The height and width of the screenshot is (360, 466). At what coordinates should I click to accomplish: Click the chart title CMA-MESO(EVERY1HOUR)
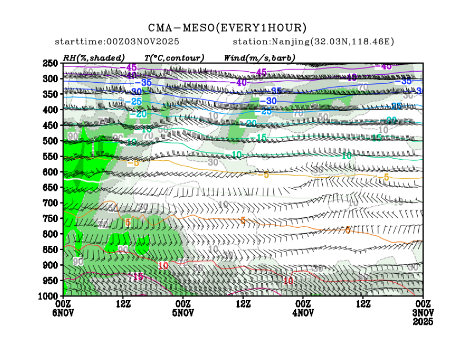(x=227, y=27)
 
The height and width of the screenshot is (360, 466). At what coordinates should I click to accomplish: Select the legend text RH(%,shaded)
(x=94, y=58)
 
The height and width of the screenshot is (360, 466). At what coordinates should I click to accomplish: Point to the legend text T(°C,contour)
(x=174, y=58)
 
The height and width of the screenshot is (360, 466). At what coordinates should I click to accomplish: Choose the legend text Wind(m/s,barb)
(x=260, y=58)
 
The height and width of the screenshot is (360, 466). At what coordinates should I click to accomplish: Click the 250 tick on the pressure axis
(x=51, y=63)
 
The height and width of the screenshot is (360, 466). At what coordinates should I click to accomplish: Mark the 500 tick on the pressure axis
(x=51, y=141)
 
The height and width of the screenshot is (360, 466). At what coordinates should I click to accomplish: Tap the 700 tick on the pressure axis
(x=51, y=203)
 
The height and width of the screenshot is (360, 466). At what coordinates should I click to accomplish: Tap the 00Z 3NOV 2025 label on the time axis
(x=423, y=312)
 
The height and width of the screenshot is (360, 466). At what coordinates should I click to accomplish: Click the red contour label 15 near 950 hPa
(x=138, y=277)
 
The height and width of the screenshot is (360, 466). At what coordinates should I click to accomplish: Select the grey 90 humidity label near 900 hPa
(x=78, y=262)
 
